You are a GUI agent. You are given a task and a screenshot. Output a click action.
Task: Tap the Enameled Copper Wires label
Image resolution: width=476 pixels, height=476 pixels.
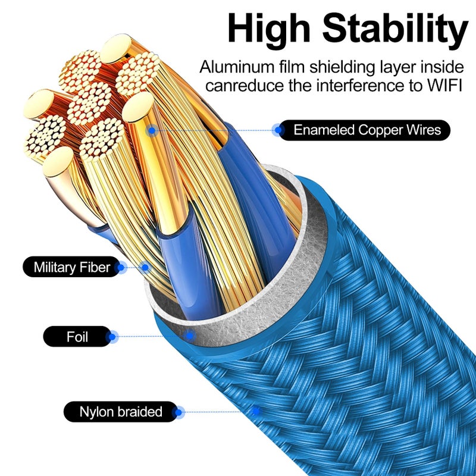point(364,130)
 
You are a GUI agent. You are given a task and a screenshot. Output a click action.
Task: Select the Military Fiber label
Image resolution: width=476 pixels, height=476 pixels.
point(72,267)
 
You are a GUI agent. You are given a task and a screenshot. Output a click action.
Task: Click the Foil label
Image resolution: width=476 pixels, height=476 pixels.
point(77,336)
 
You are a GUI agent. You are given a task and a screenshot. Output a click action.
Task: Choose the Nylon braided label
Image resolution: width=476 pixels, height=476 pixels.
point(121,412)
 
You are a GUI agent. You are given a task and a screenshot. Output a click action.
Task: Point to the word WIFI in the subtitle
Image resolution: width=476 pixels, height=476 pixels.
point(444,86)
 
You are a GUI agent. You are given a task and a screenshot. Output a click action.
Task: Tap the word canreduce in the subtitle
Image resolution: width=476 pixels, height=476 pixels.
point(245,86)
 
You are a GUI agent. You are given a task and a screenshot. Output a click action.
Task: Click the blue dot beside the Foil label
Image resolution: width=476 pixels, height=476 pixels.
point(112,337)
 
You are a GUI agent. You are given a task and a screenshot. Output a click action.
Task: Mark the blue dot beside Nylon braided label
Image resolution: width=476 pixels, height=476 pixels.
point(178,412)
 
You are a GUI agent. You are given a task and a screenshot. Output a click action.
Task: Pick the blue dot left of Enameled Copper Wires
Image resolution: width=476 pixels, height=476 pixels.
point(277,130)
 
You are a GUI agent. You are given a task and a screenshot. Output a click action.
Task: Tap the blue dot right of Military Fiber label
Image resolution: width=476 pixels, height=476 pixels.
point(121,267)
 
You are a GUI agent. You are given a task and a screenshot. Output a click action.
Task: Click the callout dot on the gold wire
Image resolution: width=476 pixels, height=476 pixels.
point(152,131)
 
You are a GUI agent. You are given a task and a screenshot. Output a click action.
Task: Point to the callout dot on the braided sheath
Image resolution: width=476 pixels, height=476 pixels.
point(256,411)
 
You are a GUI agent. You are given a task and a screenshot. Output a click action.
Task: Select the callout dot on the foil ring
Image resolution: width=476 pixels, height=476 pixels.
point(190,336)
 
